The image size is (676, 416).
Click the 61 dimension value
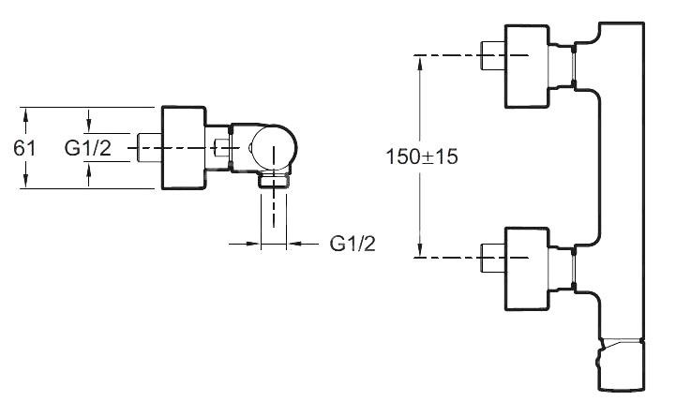click(x=24, y=148)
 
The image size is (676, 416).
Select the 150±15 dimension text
click(x=422, y=156)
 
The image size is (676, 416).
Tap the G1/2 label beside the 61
click(x=88, y=148)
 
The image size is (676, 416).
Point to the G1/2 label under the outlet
click(x=353, y=244)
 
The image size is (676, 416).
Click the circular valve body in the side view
click(x=274, y=147)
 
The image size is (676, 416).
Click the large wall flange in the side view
click(x=184, y=148)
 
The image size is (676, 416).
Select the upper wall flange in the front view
click(x=527, y=67)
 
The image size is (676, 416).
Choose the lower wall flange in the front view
click(x=527, y=269)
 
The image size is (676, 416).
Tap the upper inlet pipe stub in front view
click(x=493, y=55)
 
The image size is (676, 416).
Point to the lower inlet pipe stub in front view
click(x=493, y=258)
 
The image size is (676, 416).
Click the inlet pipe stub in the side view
click(x=149, y=148)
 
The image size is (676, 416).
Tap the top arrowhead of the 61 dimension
click(x=25, y=115)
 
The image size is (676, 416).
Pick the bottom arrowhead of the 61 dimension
click(x=25, y=180)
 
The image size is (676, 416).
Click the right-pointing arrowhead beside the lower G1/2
click(x=252, y=244)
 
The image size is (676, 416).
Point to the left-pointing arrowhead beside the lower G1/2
click(x=295, y=244)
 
